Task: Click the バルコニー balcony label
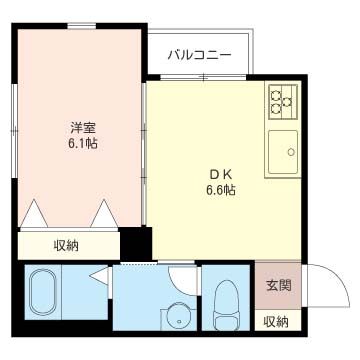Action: coord(200,53)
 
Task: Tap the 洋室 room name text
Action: coord(83,128)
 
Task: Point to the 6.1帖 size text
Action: coord(83,144)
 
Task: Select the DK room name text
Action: coord(220,172)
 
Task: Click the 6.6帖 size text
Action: coord(220,188)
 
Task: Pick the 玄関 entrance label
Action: coord(277,285)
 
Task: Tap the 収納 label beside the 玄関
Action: coord(276,321)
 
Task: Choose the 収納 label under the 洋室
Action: coord(67,245)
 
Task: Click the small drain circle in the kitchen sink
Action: coord(291,153)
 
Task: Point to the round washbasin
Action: coord(178,315)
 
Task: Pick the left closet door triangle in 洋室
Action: coord(37,214)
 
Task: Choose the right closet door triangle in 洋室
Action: coord(106,214)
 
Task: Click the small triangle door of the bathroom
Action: coord(97,276)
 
